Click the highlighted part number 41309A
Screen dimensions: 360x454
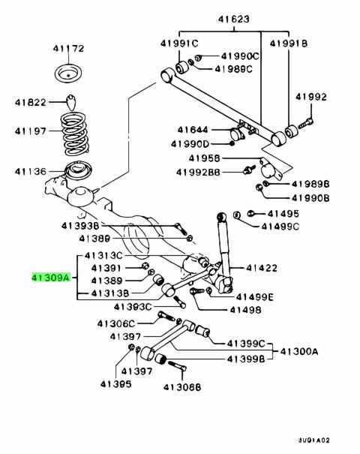[51, 278]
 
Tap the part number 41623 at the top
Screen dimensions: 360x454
[233, 19]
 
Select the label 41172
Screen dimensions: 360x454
[68, 48]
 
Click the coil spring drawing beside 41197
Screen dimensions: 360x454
[75, 133]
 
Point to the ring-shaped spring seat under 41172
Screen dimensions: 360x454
[68, 74]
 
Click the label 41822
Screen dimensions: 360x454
[31, 102]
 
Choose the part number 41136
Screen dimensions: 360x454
[31, 171]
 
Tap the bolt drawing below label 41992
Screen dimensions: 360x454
[305, 123]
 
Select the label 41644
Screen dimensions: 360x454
[193, 129]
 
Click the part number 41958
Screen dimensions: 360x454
[204, 158]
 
